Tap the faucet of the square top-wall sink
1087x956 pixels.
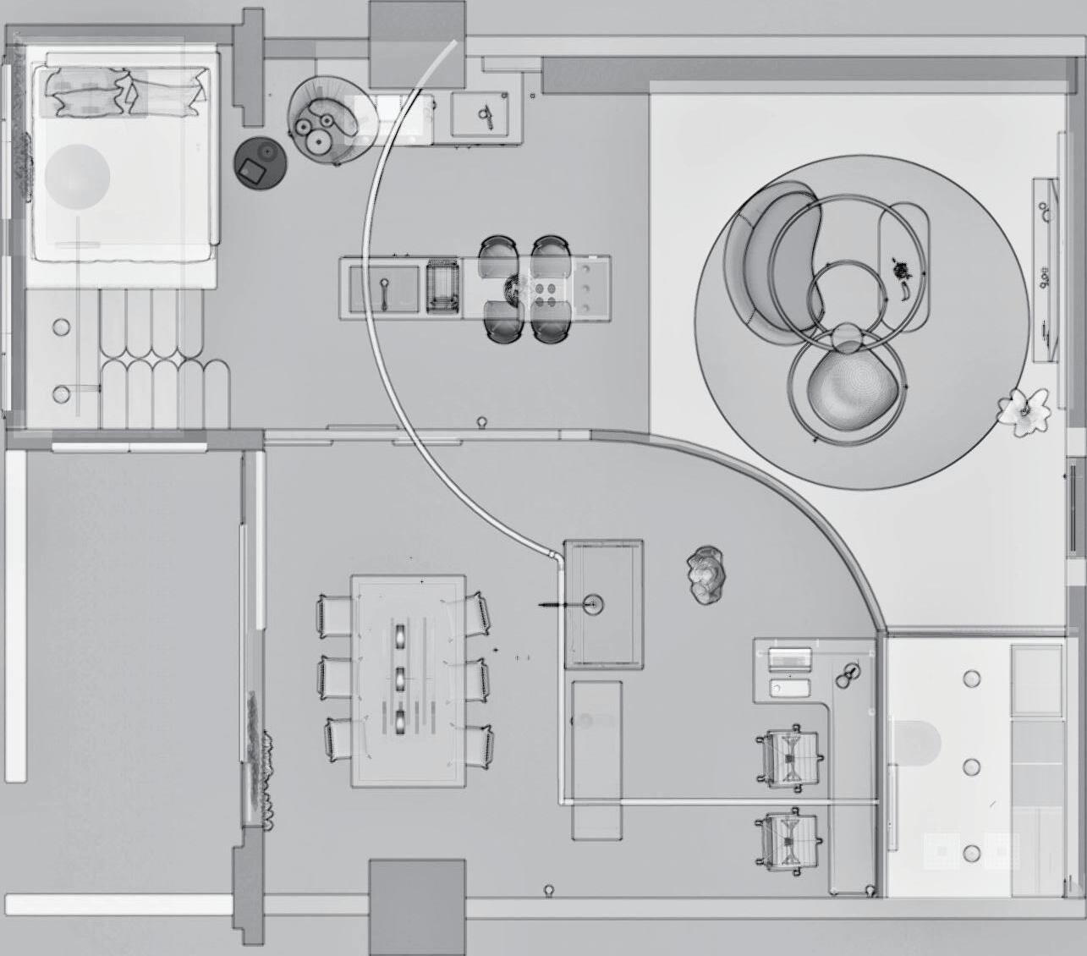[486, 113]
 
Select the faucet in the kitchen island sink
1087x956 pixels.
[384, 292]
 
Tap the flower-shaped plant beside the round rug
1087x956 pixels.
[1025, 411]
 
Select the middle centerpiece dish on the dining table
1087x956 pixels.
[400, 677]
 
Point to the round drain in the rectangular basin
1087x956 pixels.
[592, 604]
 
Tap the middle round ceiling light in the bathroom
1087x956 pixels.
[972, 767]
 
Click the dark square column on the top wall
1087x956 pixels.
[418, 44]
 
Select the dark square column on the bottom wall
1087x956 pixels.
[418, 905]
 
